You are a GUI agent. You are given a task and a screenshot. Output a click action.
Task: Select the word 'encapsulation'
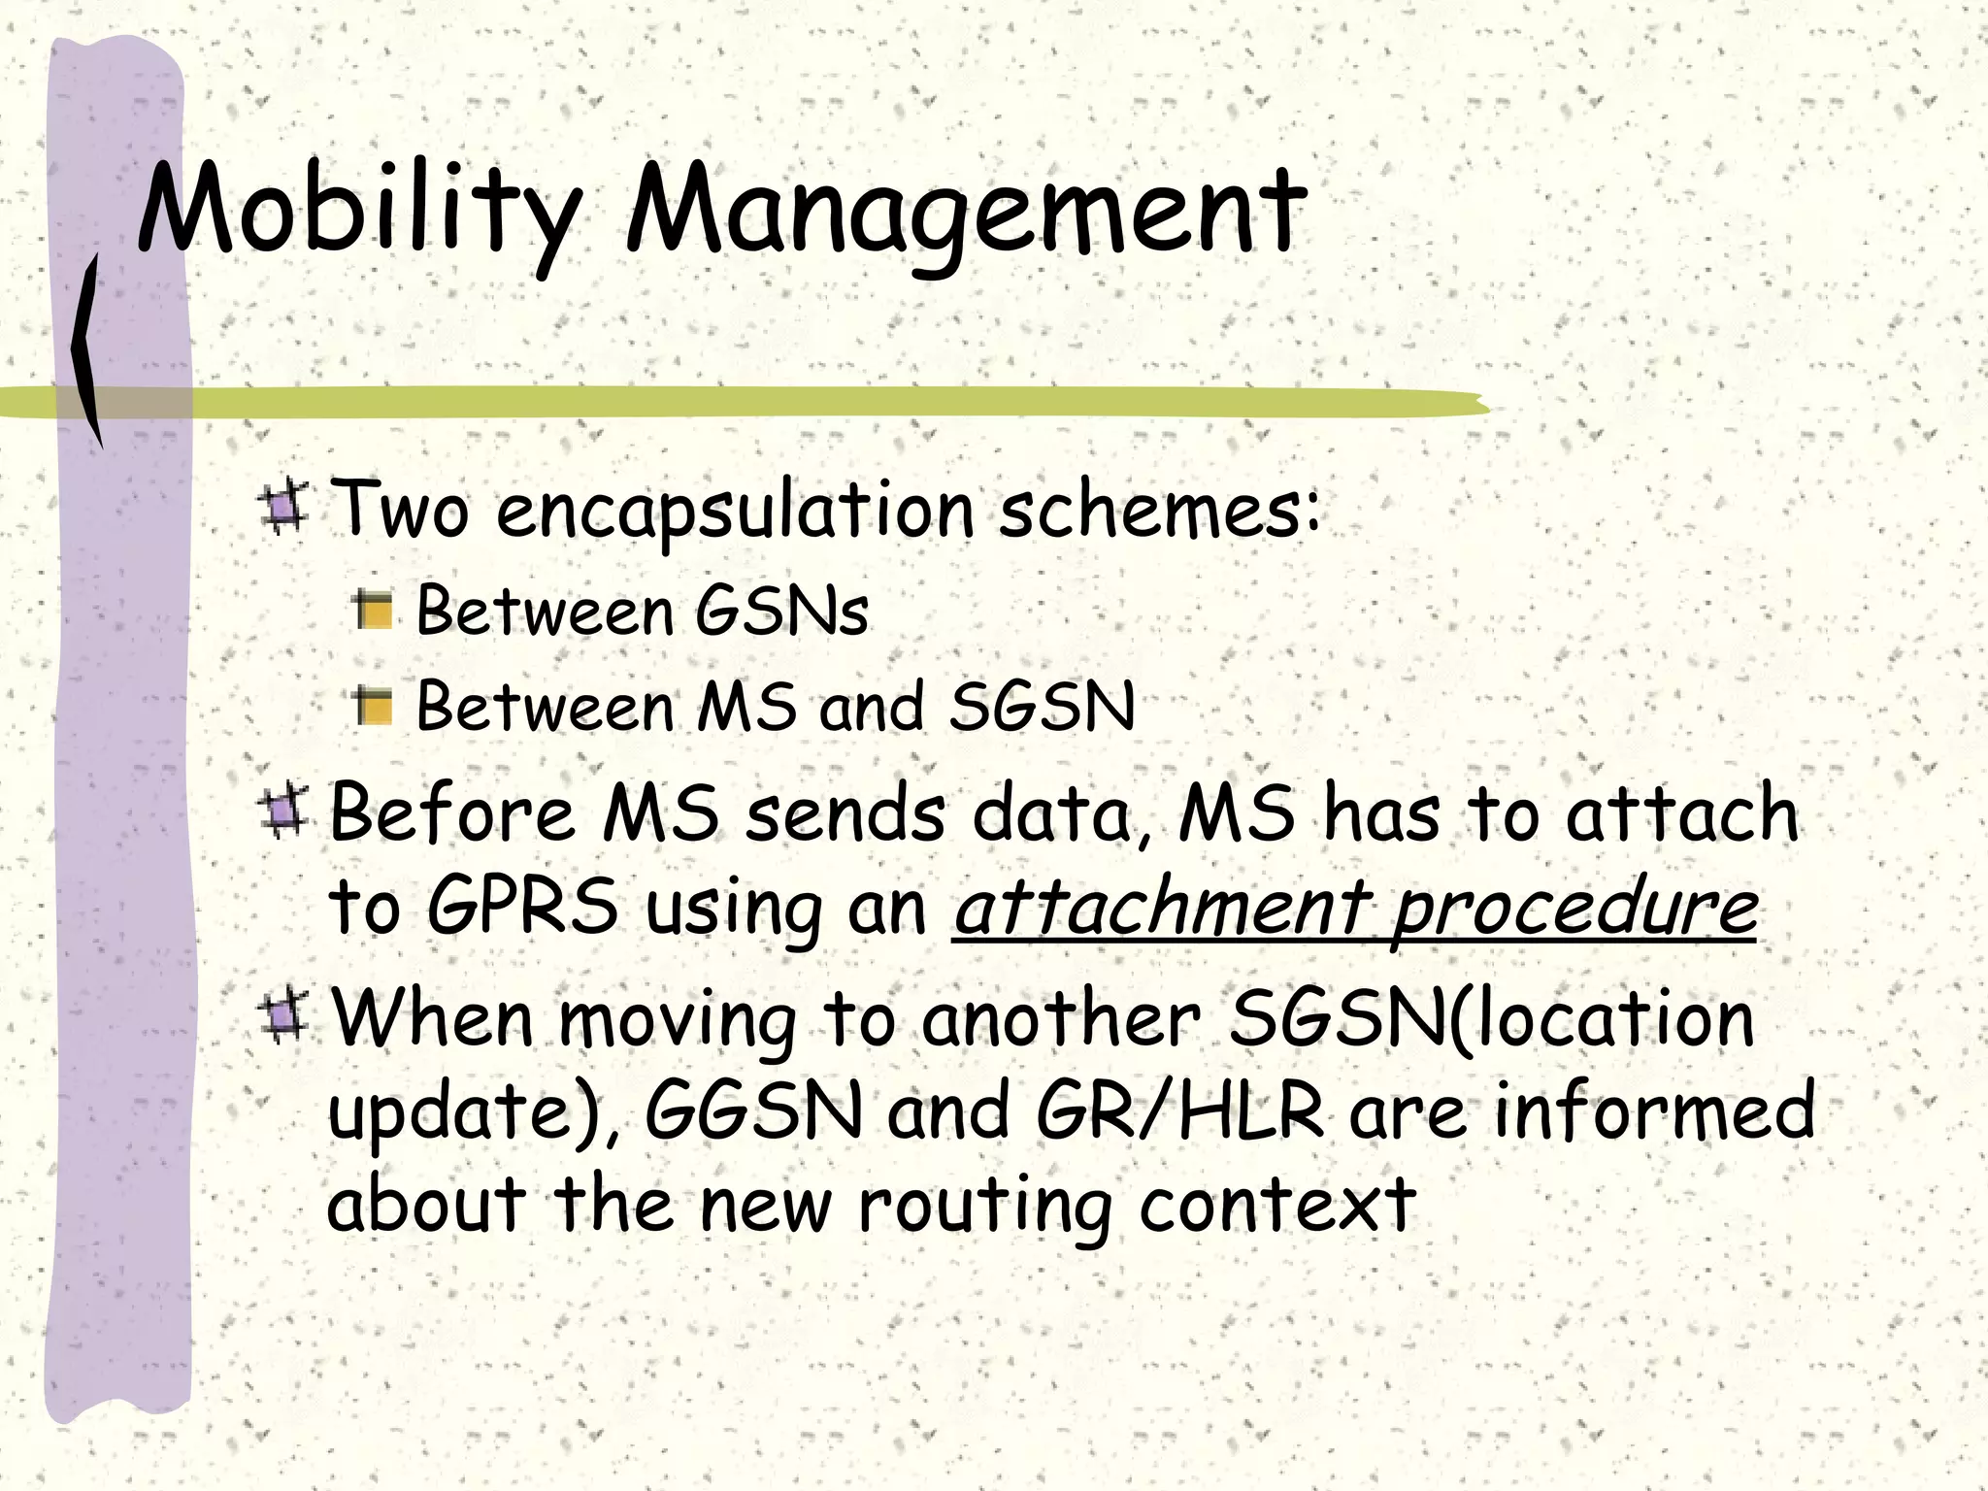734,512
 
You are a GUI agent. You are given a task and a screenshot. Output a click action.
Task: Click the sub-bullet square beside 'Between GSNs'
374,612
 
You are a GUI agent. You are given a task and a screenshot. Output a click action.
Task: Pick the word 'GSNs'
781,612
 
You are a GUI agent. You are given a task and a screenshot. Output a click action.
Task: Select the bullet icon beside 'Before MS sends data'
283,813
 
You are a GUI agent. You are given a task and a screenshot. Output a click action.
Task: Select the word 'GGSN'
753,1111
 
